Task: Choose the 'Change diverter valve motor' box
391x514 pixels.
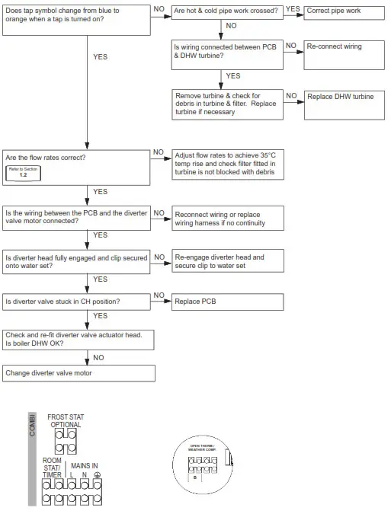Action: click(x=79, y=373)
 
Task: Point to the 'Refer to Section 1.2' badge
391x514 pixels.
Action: click(x=23, y=172)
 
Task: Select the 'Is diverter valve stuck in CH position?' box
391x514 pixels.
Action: click(x=79, y=302)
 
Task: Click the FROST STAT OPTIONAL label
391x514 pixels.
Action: click(x=66, y=421)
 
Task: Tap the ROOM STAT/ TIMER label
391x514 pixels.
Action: click(x=52, y=468)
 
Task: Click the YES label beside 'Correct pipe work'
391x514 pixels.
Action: click(x=293, y=10)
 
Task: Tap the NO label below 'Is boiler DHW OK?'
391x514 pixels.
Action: click(x=98, y=357)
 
